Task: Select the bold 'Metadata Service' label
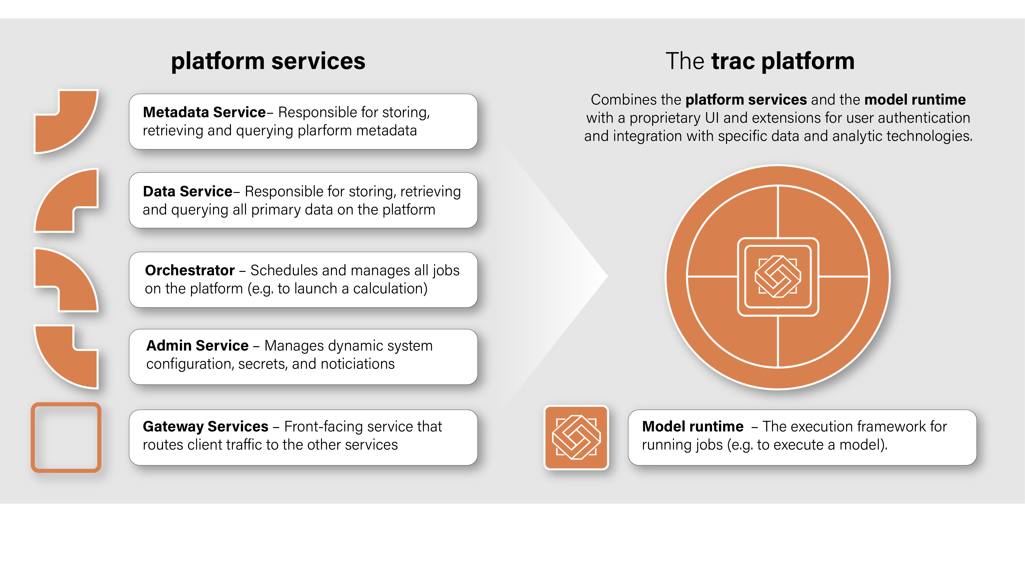click(x=204, y=113)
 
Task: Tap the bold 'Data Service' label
click(x=187, y=192)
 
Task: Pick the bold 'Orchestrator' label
click(x=190, y=271)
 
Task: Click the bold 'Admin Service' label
click(x=197, y=346)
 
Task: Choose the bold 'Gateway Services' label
click(x=205, y=427)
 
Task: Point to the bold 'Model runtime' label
click(x=692, y=427)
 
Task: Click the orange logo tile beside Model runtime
click(x=576, y=437)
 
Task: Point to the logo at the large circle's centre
click(x=778, y=276)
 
